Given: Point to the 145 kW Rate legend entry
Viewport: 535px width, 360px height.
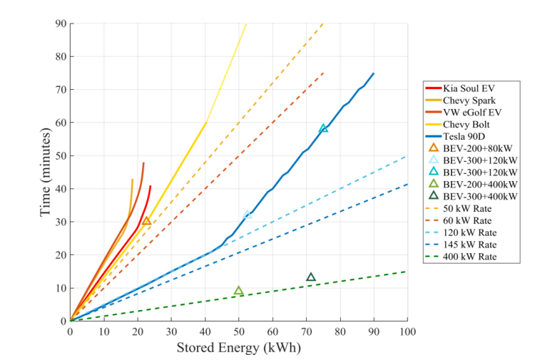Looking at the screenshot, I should (469, 245).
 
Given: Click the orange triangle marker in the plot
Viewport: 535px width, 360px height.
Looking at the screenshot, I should (147, 222).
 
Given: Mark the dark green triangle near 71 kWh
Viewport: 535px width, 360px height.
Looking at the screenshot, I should (311, 277).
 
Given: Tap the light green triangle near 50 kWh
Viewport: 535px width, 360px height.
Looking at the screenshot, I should (239, 291).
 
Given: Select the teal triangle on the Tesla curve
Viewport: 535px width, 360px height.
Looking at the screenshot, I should (324, 128).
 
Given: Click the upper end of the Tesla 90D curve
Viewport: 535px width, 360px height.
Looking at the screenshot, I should (374, 73).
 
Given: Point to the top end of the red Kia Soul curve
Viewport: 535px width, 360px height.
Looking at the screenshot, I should (151, 186).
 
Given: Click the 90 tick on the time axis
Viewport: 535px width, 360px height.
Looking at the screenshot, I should (62, 24).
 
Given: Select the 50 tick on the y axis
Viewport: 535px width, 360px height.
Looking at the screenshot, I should (62, 156).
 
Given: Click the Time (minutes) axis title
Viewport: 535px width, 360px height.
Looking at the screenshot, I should (46, 173).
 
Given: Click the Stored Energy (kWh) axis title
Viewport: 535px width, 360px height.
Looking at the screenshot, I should (239, 348).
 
